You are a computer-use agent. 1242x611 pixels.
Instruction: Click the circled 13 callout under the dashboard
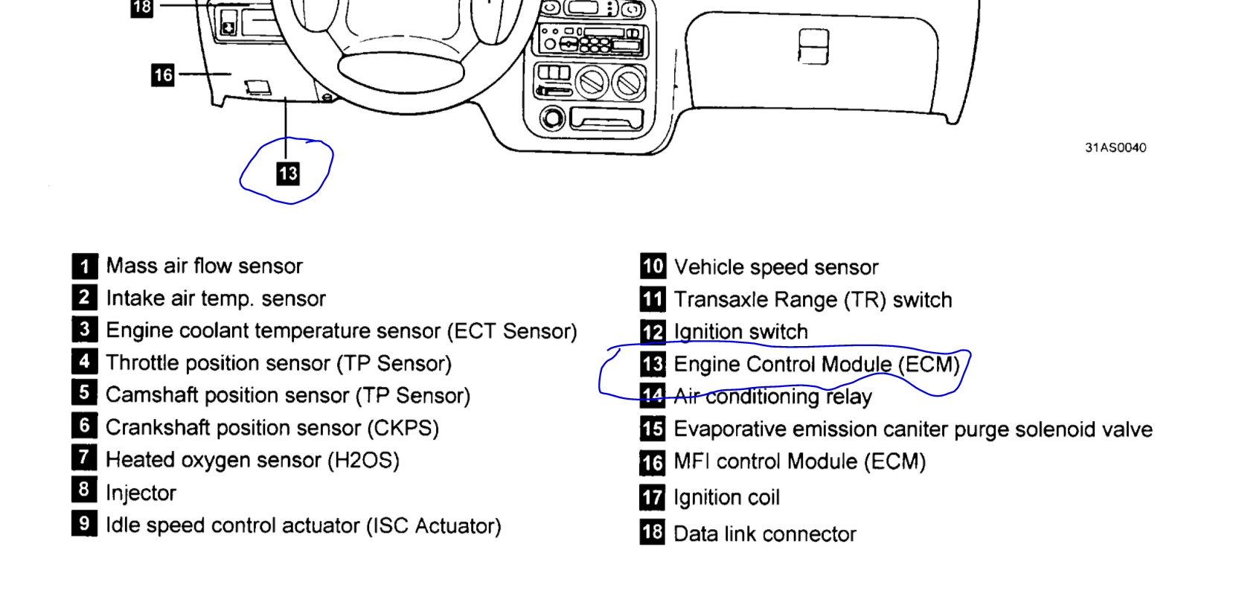pos(288,173)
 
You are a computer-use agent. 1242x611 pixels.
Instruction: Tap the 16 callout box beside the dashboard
pos(162,74)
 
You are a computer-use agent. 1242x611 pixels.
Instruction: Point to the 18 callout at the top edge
pos(141,7)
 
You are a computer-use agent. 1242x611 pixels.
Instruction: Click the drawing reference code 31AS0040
pos(1115,147)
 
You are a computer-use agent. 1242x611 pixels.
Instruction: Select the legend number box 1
pos(84,266)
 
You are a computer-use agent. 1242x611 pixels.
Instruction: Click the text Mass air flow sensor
pos(204,266)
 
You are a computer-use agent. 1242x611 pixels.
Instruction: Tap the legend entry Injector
pos(141,493)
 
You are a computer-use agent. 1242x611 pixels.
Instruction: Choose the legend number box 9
pos(84,524)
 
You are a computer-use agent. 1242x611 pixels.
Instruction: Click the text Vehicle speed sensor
pos(775,267)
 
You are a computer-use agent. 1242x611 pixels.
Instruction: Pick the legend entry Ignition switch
pos(740,332)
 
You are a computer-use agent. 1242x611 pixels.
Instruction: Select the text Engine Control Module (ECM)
pos(816,364)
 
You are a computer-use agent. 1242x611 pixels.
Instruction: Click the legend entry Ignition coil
pos(726,497)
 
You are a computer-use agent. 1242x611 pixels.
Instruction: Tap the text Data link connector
pos(764,534)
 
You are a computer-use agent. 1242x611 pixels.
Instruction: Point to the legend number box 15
pos(653,429)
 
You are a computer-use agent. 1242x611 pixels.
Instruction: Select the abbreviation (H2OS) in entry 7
pos(363,460)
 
